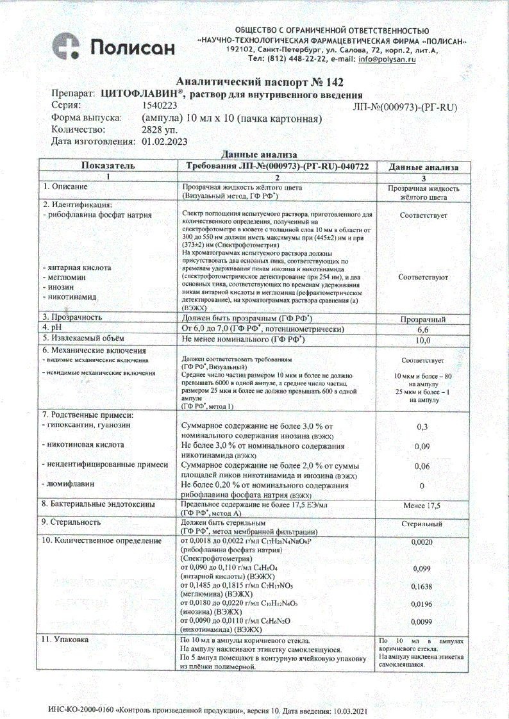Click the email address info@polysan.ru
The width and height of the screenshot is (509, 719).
pos(387,59)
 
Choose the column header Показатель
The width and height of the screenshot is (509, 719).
pos(108,166)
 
